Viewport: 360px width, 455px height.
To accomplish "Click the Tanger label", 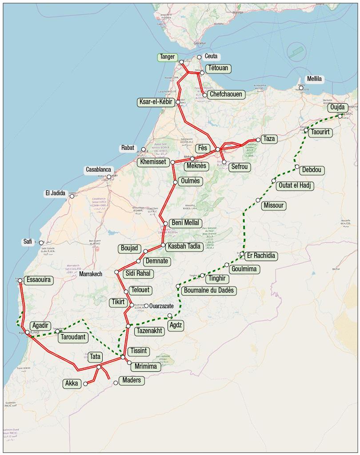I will pyautogui.click(x=168, y=57).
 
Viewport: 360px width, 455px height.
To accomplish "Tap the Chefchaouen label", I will pyautogui.click(x=226, y=94).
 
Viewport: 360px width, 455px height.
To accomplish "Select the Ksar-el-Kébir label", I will pyautogui.click(x=156, y=102).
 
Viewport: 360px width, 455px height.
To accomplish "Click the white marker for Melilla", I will pyautogui.click(x=301, y=88).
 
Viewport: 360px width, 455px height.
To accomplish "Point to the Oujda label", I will pyautogui.click(x=336, y=108).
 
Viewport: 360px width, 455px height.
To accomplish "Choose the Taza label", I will pyautogui.click(x=269, y=139).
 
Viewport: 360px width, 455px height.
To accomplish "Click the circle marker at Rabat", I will pyautogui.click(x=144, y=149).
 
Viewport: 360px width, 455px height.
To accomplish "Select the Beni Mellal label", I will pyautogui.click(x=185, y=223).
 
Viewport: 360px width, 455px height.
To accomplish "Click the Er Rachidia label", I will pyautogui.click(x=261, y=256).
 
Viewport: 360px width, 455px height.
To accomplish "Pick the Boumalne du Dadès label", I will pyautogui.click(x=208, y=290).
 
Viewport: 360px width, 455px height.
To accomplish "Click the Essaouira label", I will pyautogui.click(x=39, y=280).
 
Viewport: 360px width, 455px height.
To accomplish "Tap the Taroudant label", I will pyautogui.click(x=72, y=337).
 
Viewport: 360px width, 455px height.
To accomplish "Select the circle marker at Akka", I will pyautogui.click(x=85, y=383).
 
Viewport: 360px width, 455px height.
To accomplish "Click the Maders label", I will pyautogui.click(x=132, y=380).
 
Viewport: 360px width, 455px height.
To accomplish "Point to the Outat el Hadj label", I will pyautogui.click(x=295, y=185).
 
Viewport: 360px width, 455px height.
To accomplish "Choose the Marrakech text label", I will pyautogui.click(x=91, y=274).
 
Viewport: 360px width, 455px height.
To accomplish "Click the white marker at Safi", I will pyautogui.click(x=41, y=243).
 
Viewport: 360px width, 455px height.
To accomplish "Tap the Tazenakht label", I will pyautogui.click(x=150, y=331).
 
